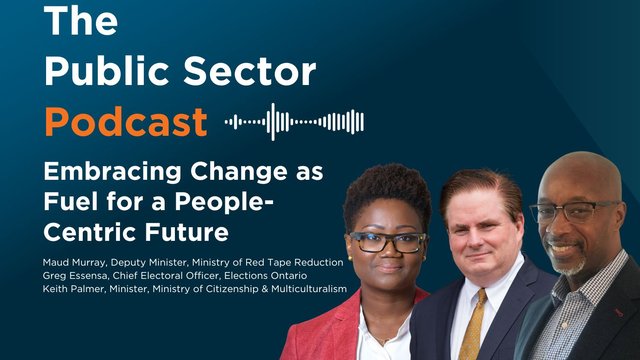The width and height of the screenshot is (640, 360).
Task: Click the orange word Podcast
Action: click(126, 123)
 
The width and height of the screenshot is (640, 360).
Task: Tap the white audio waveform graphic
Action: click(293, 122)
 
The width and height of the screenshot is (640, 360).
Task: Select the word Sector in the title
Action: click(249, 73)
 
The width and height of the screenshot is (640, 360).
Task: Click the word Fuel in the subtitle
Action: click(71, 202)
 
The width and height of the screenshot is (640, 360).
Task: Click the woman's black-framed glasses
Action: click(387, 242)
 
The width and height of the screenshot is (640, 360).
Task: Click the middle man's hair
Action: click(480, 186)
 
